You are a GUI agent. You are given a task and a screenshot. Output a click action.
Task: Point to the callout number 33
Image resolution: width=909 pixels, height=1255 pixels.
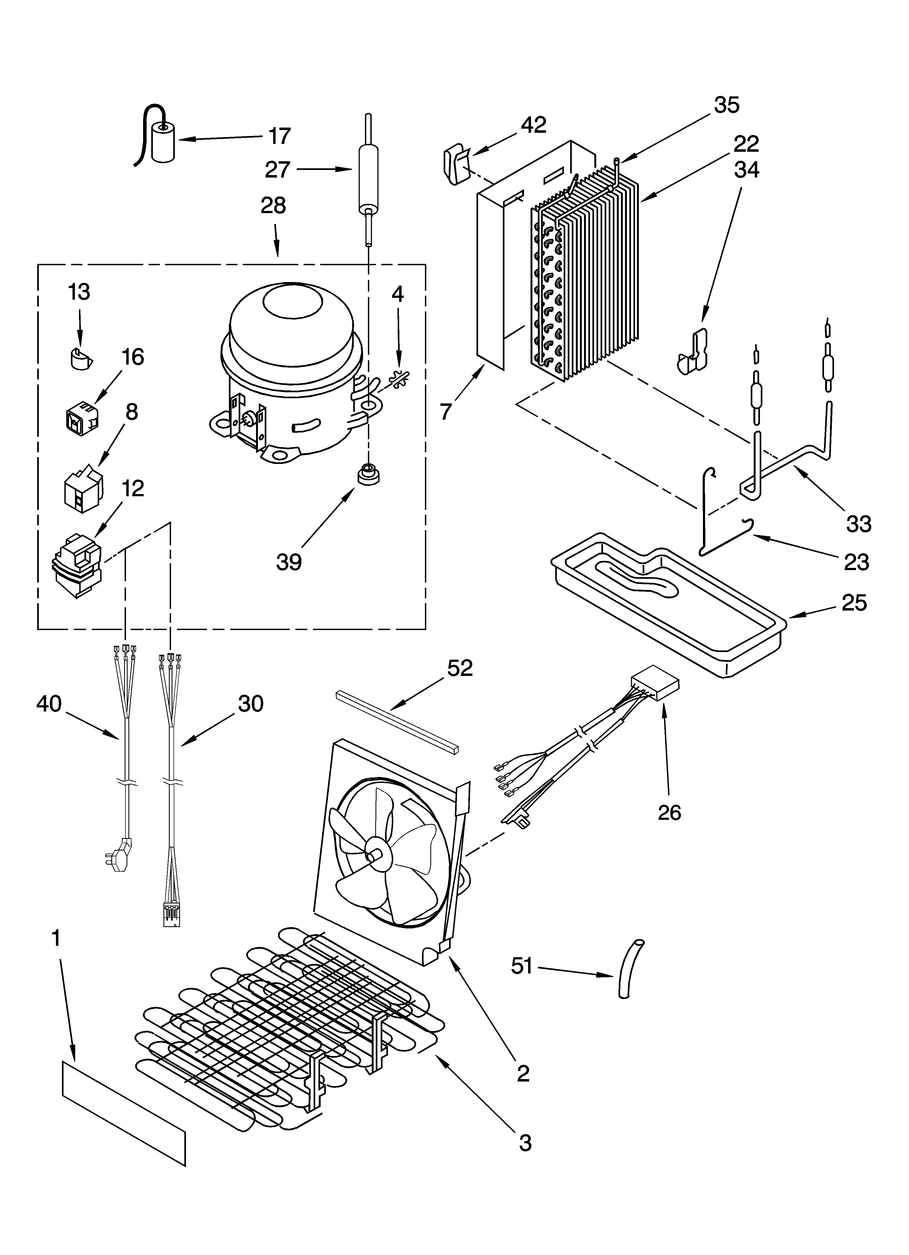pos(858,523)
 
